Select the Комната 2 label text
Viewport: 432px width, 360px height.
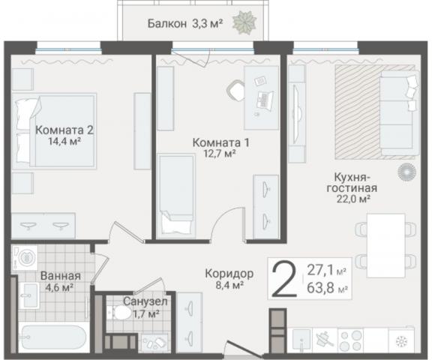point(64,129)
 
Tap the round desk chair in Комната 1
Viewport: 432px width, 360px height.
point(235,90)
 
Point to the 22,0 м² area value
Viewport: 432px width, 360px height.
point(351,199)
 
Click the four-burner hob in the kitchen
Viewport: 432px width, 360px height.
point(352,339)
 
